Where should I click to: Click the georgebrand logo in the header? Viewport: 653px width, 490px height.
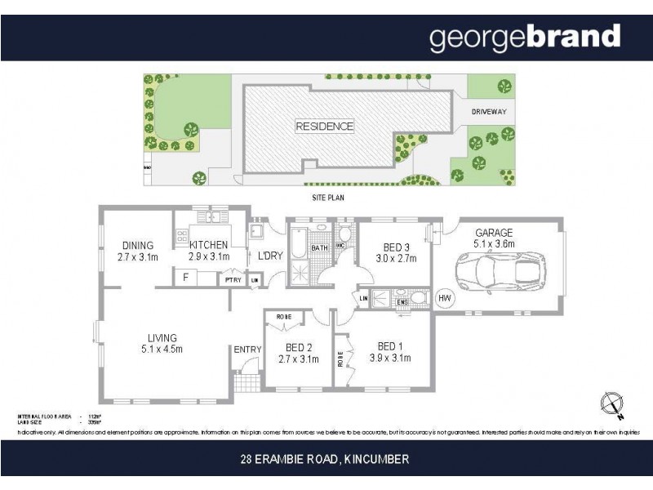(x=525, y=38)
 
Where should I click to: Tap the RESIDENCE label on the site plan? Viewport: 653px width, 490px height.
(x=324, y=127)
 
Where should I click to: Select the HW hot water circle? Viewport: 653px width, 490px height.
(x=445, y=299)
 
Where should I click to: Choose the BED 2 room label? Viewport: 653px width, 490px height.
(x=297, y=351)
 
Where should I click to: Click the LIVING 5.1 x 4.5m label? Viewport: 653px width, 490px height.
(x=162, y=343)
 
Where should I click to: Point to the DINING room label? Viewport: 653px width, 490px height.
(x=137, y=251)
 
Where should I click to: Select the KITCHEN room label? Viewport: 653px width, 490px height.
(x=208, y=251)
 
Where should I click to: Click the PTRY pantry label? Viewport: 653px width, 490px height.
(x=233, y=279)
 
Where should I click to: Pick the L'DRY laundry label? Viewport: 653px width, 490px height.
(x=269, y=256)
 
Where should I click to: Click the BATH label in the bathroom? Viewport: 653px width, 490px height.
(x=318, y=247)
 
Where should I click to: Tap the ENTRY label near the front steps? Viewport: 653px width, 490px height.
(x=247, y=350)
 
